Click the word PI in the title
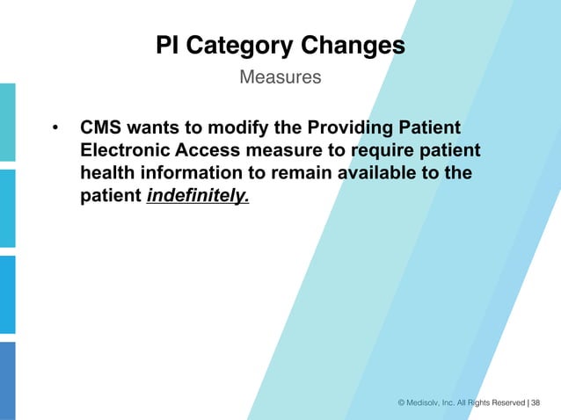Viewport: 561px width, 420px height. tap(167, 45)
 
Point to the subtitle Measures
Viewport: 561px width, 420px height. tap(280, 77)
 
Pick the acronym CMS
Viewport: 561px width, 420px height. tap(101, 128)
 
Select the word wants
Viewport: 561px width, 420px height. tap(156, 128)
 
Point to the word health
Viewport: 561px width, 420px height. tap(107, 174)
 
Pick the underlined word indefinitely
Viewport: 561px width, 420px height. tap(198, 197)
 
